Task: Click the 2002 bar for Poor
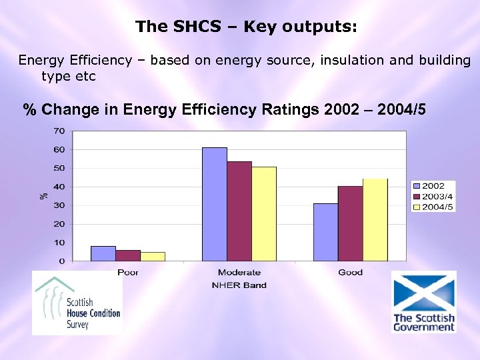pos(103,253)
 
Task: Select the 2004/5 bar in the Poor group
pos(153,256)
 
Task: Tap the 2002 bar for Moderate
pos(215,203)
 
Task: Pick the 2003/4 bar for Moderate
pos(239,211)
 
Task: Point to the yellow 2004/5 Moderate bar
pos(264,213)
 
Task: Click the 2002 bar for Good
pos(326,232)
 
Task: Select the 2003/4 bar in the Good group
pos(351,223)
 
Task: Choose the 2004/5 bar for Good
pos(375,219)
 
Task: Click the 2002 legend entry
pos(433,185)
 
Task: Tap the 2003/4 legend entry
pos(433,196)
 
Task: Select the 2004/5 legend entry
pos(433,207)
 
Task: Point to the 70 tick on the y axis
pos(59,130)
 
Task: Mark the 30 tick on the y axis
pos(59,205)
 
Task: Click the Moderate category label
pos(239,272)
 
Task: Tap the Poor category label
pos(128,272)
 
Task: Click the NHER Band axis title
pos(239,285)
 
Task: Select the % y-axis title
pos(43,195)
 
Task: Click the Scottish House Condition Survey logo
pos(78,304)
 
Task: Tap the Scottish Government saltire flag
pos(423,291)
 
